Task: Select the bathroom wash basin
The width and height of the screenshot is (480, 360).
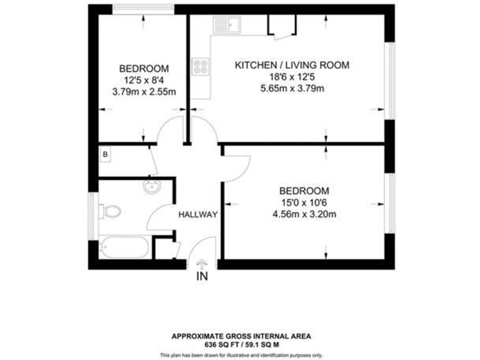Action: click(x=151, y=187)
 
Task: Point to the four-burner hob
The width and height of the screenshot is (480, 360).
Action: click(x=201, y=66)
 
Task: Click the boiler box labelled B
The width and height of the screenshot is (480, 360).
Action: click(x=105, y=153)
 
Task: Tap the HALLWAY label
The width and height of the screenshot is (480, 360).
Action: click(x=198, y=214)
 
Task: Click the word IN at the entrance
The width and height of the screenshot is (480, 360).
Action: click(x=202, y=276)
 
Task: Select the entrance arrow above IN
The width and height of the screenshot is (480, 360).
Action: click(x=202, y=264)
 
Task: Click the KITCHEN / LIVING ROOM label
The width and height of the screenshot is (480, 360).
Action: click(x=291, y=65)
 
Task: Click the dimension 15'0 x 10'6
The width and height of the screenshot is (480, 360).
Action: click(x=304, y=203)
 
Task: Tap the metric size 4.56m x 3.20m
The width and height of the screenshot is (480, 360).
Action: click(x=304, y=215)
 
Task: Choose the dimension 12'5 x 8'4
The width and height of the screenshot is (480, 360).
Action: click(x=144, y=80)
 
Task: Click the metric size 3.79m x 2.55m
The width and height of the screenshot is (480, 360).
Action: click(x=144, y=92)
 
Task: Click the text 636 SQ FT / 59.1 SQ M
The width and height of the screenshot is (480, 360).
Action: click(x=241, y=344)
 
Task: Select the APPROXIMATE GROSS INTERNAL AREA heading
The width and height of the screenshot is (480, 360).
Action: click(x=241, y=336)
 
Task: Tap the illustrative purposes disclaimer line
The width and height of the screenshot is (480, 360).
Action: click(x=241, y=355)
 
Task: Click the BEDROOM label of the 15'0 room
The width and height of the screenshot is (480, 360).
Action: click(x=304, y=191)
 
